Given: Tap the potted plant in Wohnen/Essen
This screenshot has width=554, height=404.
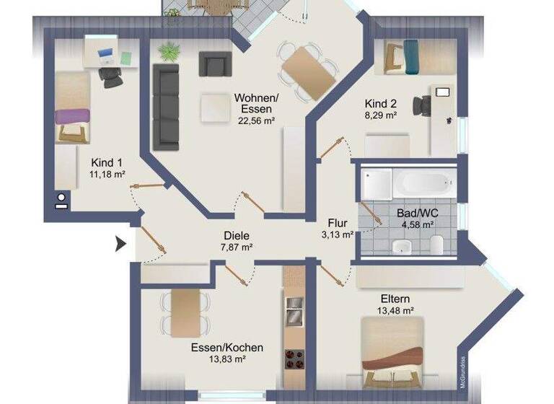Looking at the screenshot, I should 168,53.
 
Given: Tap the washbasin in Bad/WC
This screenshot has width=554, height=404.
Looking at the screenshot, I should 402,247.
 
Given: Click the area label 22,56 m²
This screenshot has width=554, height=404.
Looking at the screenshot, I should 252,121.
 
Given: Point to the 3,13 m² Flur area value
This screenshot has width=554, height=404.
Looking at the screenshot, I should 338,234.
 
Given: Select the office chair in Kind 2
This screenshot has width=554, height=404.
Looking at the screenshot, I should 421,106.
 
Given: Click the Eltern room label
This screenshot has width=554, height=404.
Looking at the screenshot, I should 397,298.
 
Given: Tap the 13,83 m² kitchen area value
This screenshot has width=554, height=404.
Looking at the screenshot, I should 227,359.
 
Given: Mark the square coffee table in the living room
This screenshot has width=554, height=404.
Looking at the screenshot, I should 215,107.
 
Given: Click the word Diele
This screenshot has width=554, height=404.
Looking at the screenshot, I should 236,235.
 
